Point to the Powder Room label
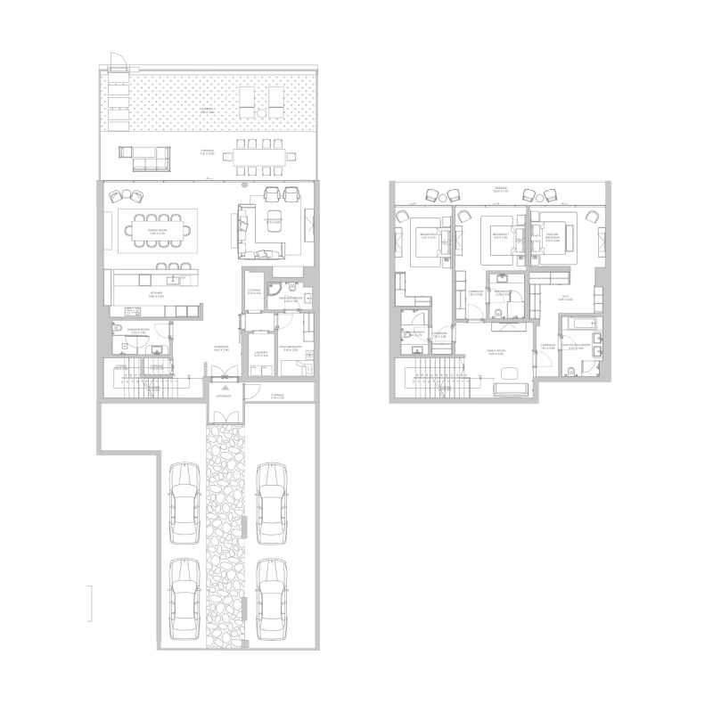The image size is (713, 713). click(x=136, y=331)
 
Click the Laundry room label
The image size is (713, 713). click(x=261, y=351)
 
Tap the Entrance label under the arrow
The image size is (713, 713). click(x=225, y=395)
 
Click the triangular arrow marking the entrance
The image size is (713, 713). click(x=225, y=388)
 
